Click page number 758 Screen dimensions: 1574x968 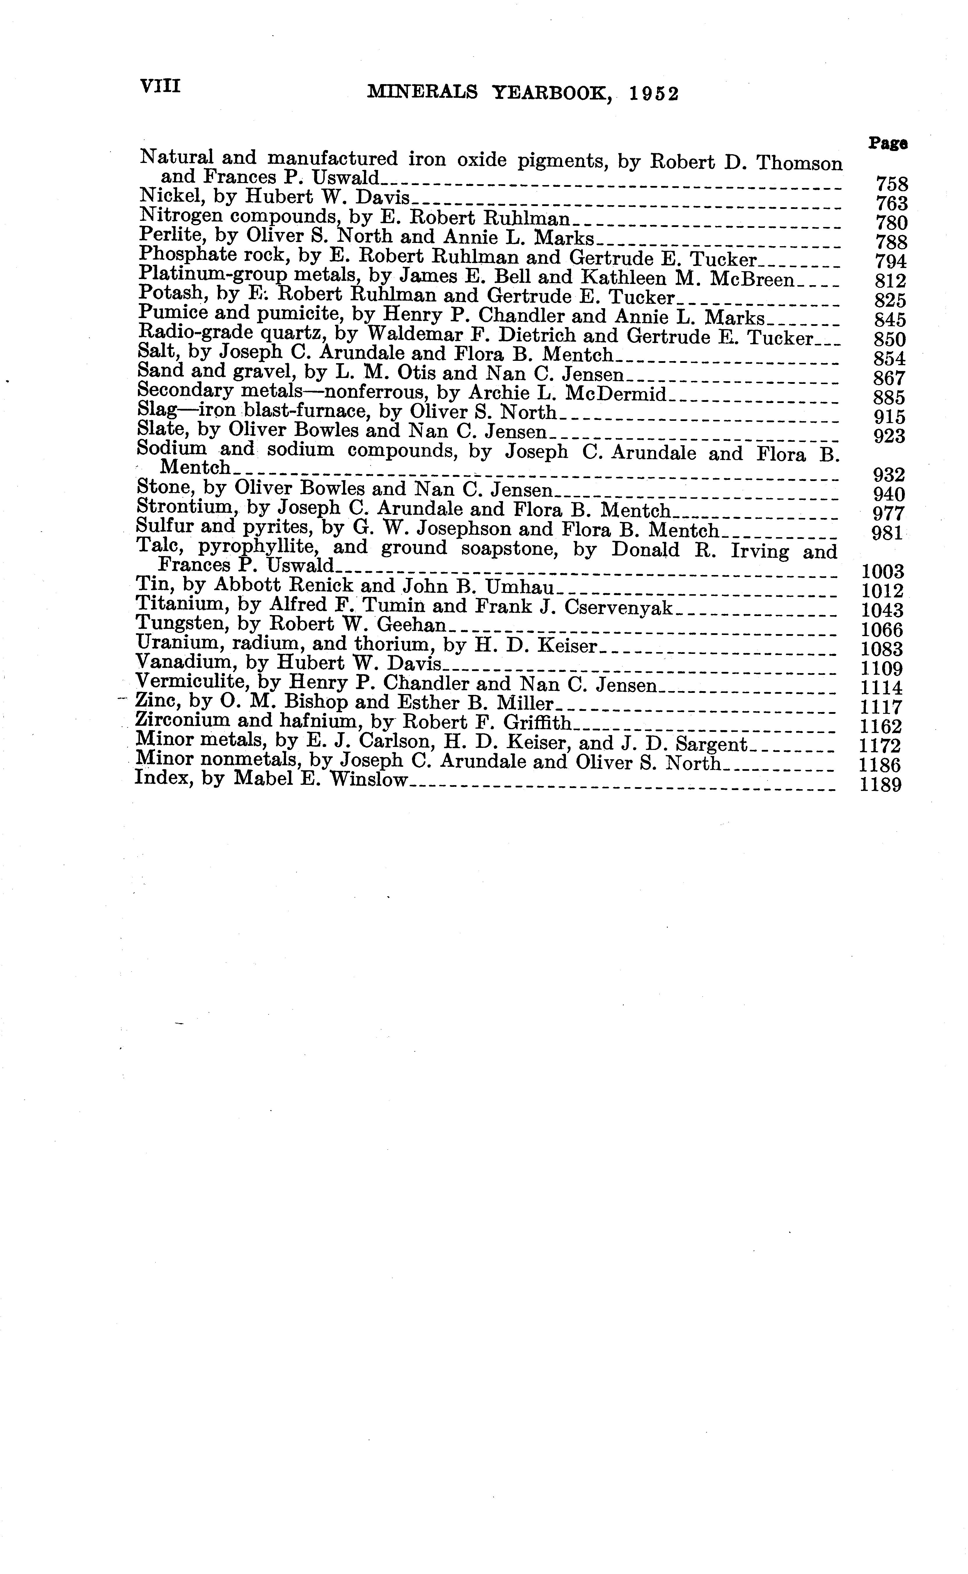coord(891,184)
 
